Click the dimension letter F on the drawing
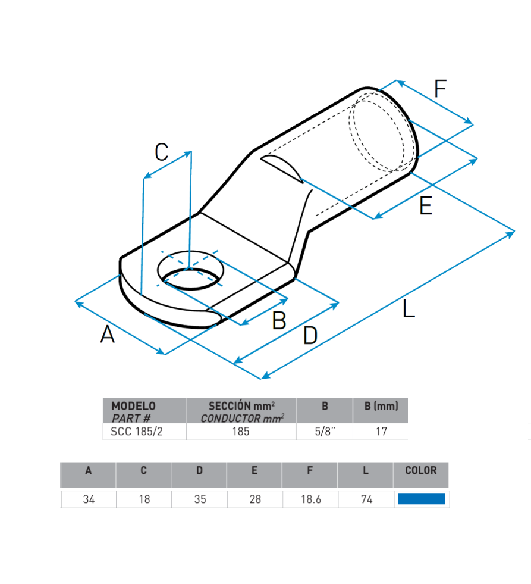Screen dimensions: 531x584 tap(440, 89)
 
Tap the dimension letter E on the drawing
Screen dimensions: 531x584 tap(426, 206)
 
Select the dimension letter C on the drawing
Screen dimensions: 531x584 tap(162, 152)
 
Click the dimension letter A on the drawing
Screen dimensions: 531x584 tap(107, 334)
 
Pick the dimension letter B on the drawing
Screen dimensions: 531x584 tap(279, 320)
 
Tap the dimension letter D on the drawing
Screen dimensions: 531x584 tap(310, 335)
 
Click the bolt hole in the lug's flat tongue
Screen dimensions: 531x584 tap(190, 270)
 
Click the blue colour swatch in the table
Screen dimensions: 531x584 tap(421, 499)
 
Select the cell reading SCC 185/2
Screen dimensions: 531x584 tap(137, 431)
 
